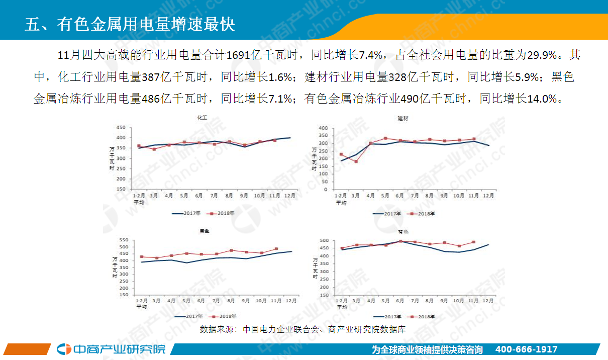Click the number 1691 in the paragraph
point(237,55)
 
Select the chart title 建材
point(402,119)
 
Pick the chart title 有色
point(402,232)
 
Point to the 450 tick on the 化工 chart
point(121,127)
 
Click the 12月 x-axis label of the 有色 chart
point(487,300)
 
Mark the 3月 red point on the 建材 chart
point(356,161)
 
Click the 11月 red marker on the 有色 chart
point(473,242)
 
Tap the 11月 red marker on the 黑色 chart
point(276,249)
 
